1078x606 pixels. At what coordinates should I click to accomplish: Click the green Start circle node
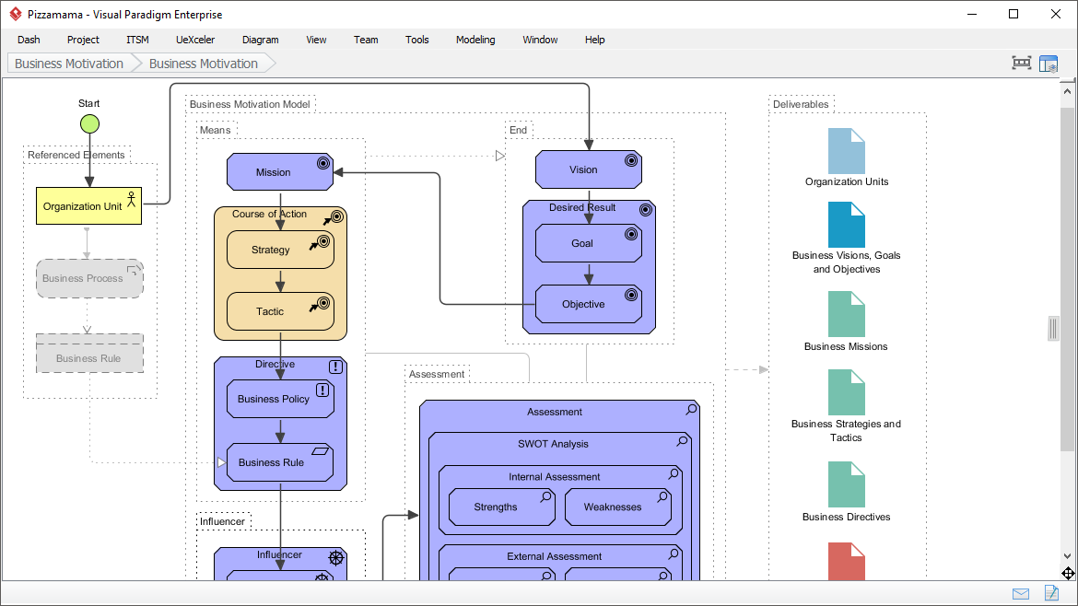(x=89, y=123)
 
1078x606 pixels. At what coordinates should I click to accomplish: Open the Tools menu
(x=417, y=40)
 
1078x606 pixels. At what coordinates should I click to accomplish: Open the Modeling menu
(x=475, y=40)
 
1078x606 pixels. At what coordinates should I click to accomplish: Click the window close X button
(x=1055, y=14)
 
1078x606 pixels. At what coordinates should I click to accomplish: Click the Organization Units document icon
(x=846, y=151)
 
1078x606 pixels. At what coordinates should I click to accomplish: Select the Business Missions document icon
(x=846, y=315)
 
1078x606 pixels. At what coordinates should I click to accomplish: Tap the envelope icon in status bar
(x=1021, y=593)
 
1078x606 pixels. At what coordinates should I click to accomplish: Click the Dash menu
(x=29, y=40)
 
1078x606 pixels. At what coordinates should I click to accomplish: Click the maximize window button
(x=1014, y=14)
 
